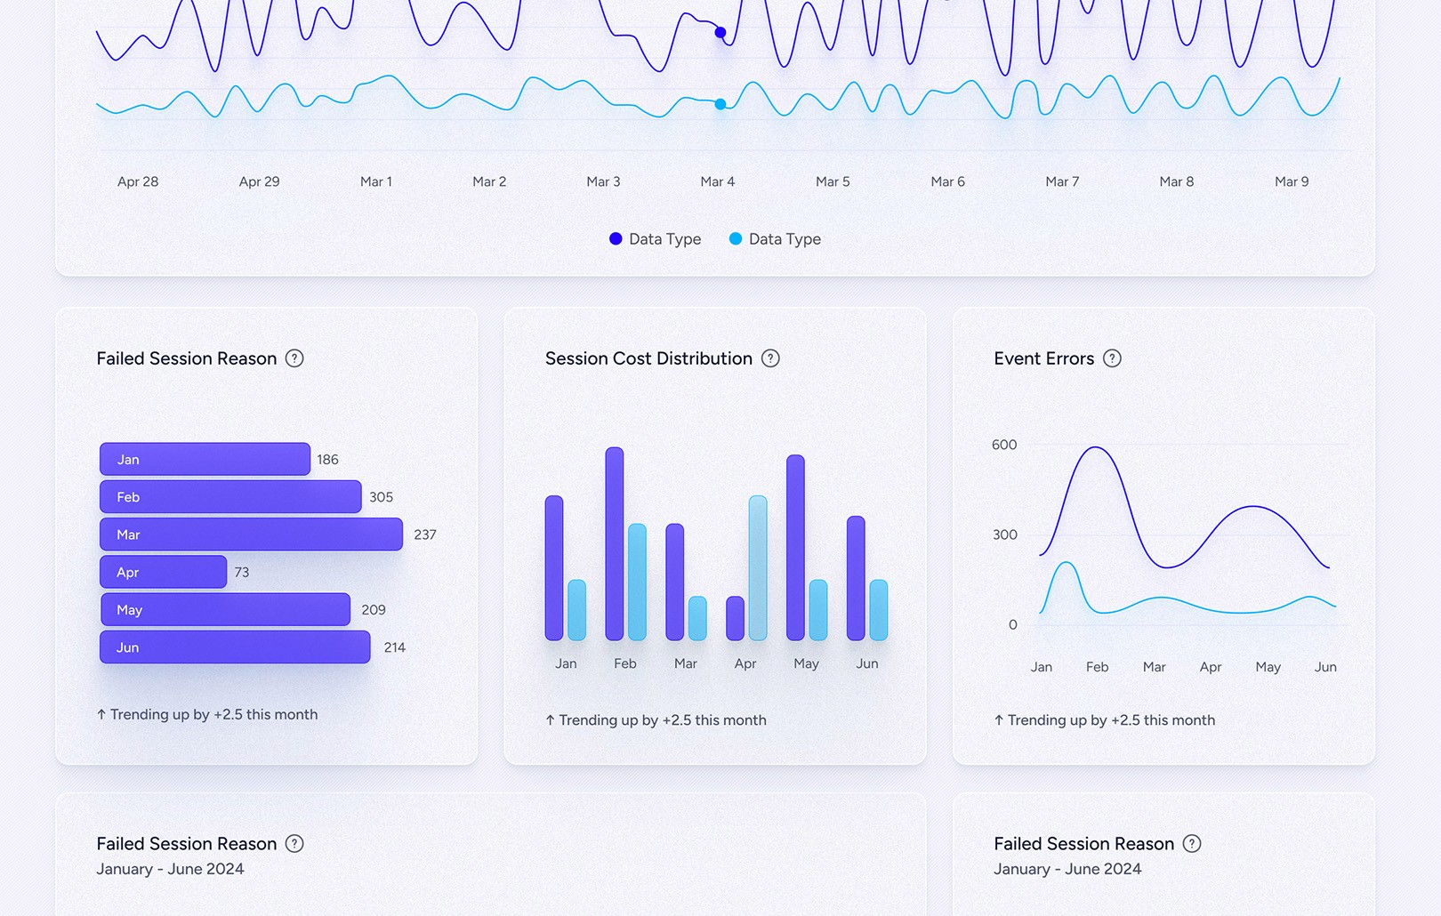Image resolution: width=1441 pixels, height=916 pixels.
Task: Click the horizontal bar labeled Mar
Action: click(251, 534)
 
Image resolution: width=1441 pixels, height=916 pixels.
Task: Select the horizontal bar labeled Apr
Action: click(163, 572)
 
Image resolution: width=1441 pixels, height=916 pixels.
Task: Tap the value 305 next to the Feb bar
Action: click(381, 497)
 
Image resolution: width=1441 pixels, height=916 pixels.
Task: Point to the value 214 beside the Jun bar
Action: click(394, 647)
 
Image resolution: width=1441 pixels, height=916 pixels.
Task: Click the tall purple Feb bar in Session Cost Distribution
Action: click(614, 543)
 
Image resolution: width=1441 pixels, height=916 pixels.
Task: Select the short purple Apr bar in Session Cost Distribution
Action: click(735, 618)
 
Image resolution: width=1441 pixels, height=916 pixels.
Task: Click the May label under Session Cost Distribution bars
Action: click(806, 663)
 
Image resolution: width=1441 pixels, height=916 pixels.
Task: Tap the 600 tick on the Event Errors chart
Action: click(1004, 445)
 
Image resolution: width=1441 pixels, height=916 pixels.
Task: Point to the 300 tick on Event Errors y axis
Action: click(1004, 534)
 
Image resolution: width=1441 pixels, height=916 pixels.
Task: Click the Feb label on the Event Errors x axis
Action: click(1097, 667)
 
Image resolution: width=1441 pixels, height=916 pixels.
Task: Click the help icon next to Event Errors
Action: click(1112, 358)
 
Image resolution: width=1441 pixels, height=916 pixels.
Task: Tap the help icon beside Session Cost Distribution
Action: click(770, 358)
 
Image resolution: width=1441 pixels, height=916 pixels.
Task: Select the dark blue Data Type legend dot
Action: click(616, 238)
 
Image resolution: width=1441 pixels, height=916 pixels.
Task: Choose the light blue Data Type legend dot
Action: click(736, 238)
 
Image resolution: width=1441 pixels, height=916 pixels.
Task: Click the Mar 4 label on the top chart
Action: click(717, 181)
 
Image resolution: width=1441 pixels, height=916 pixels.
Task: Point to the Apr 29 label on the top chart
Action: click(259, 181)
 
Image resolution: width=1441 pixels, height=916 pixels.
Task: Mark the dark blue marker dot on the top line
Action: click(720, 33)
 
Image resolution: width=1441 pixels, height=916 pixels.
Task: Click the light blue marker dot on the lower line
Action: click(720, 104)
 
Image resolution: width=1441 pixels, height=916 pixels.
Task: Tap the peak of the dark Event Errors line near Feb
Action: click(1095, 447)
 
